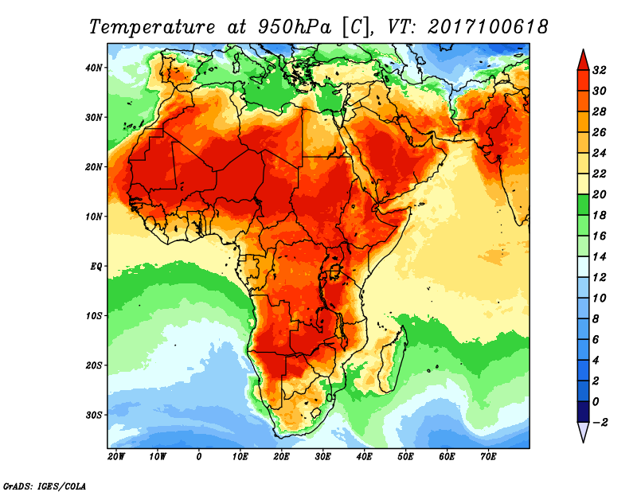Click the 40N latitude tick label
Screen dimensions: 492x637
click(x=94, y=67)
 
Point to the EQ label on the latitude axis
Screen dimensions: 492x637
click(x=96, y=266)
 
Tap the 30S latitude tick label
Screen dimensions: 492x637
click(x=94, y=415)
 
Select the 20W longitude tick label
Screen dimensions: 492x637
click(x=115, y=456)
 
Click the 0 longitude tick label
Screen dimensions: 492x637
click(x=199, y=456)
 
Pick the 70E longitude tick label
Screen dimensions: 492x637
click(x=488, y=456)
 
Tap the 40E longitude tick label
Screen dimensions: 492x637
click(x=364, y=456)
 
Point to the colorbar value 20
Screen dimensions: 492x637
click(x=600, y=194)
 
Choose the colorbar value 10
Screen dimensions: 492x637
click(x=600, y=298)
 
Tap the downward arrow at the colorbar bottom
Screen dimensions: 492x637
click(x=582, y=432)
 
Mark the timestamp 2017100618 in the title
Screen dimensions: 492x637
click(x=488, y=26)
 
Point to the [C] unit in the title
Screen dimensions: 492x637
click(x=357, y=26)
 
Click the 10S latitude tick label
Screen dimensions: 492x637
click(x=94, y=315)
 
